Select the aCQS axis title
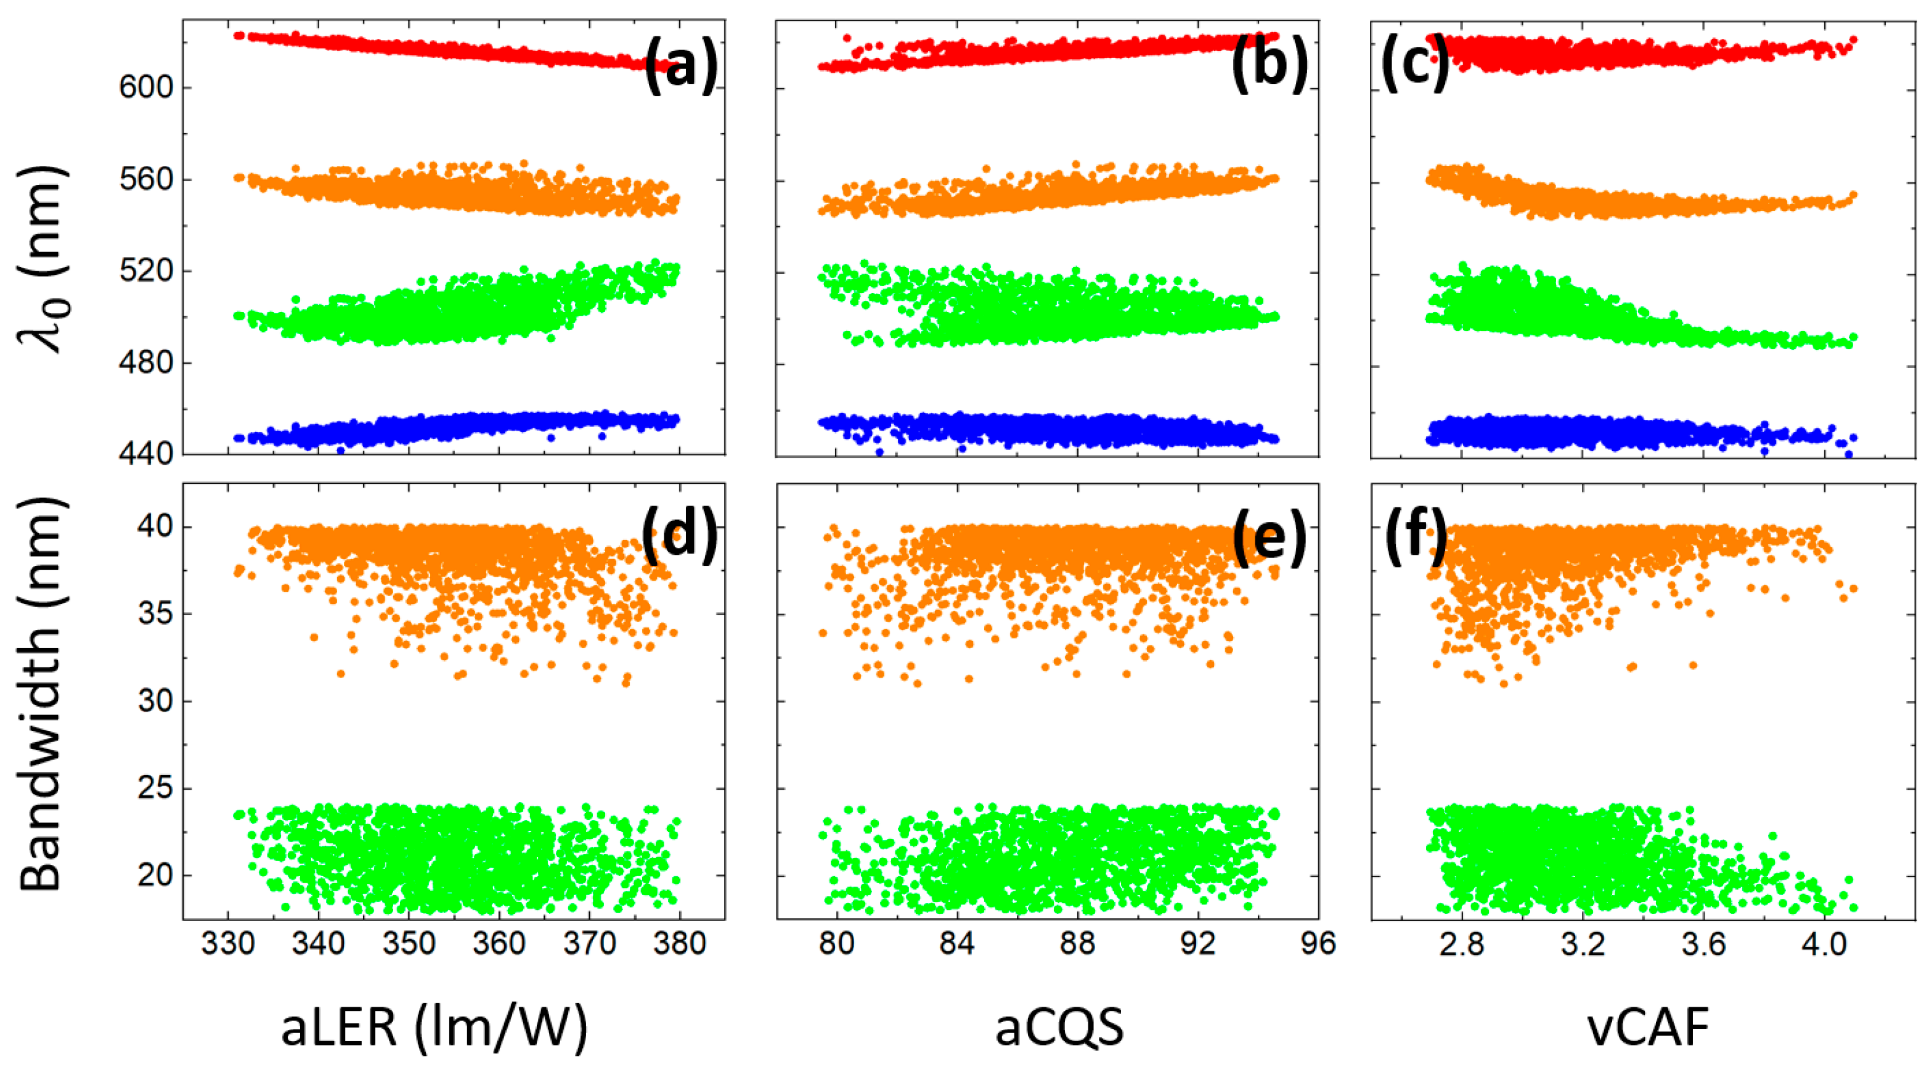1059,1027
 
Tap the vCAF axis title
1648,1027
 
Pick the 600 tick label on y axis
145,88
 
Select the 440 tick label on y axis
145,454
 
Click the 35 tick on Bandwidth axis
156,613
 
